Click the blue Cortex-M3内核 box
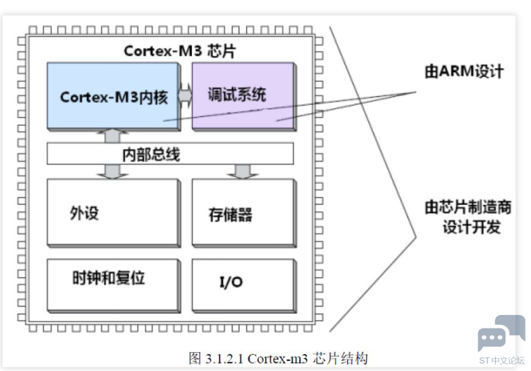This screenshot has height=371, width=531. tap(113, 96)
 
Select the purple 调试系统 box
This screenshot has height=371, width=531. tap(244, 96)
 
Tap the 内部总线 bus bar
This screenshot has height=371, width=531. tap(170, 154)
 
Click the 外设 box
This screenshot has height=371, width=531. tap(113, 213)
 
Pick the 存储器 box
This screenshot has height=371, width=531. tap(244, 213)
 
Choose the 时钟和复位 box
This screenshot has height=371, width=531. tap(113, 286)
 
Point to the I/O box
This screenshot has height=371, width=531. tap(244, 286)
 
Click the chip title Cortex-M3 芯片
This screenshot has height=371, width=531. tap(180, 51)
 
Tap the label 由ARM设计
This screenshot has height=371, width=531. tap(464, 72)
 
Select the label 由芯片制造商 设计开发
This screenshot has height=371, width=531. tap(468, 217)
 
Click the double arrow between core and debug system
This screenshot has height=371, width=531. tap(185, 96)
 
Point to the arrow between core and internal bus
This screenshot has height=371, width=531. tap(112, 137)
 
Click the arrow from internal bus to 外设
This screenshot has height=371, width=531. tap(112, 172)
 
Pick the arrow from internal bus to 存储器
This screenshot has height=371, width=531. tap(243, 172)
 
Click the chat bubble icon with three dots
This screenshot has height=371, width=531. tap(491, 339)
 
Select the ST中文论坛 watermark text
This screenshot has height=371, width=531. tap(502, 360)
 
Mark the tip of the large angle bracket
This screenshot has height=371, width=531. tap(416, 237)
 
